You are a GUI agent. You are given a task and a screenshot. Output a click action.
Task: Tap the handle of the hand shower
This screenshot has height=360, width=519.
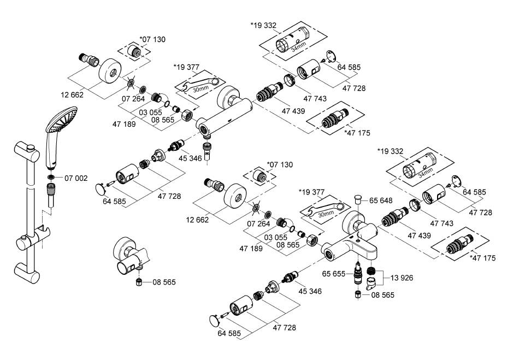pos(50,153)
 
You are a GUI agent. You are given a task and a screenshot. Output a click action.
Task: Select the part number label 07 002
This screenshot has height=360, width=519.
pos(76,178)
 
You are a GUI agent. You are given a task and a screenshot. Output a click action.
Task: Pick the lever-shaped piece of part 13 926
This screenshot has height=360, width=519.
pos(373,284)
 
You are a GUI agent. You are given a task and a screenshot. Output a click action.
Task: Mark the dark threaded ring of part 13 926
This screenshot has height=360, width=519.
pos(372,271)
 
